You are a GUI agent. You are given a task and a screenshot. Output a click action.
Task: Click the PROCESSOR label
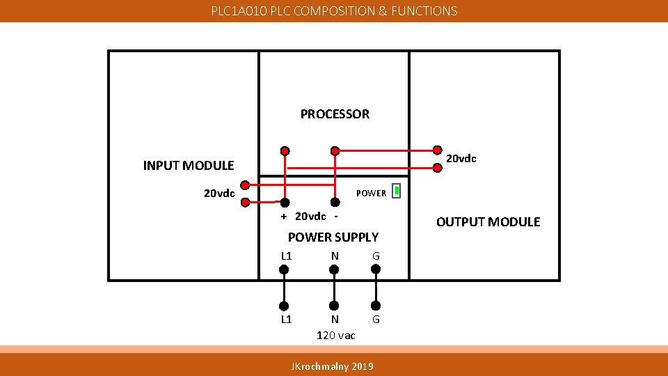point(335,114)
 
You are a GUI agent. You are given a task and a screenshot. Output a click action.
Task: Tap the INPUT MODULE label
point(188,166)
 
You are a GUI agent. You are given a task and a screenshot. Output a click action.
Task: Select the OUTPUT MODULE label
point(488,222)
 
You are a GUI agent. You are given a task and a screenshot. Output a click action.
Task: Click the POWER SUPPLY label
point(333,237)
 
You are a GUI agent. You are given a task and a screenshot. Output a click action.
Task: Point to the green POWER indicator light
point(396,191)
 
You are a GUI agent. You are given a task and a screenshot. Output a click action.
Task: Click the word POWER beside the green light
point(371,194)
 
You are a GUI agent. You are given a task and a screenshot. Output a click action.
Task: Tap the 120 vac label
point(335,336)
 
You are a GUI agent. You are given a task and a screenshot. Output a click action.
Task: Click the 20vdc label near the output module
point(461,159)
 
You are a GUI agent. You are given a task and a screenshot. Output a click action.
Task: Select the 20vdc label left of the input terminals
point(219,194)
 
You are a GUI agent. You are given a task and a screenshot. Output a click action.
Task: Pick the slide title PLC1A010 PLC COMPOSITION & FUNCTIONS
point(334,11)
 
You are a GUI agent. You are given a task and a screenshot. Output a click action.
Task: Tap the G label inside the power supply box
point(376,256)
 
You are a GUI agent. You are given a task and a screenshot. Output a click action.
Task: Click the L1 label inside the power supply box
point(286,256)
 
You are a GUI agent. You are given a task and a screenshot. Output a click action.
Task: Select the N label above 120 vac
point(335,320)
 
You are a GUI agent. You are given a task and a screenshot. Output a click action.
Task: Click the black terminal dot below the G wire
point(376,305)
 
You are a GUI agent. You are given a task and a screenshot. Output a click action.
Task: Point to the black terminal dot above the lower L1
point(284,305)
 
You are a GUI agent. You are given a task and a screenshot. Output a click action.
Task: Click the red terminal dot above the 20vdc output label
point(437,149)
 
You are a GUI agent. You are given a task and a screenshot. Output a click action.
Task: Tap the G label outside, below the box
point(376,320)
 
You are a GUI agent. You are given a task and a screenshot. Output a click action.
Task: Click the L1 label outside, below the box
point(286,320)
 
